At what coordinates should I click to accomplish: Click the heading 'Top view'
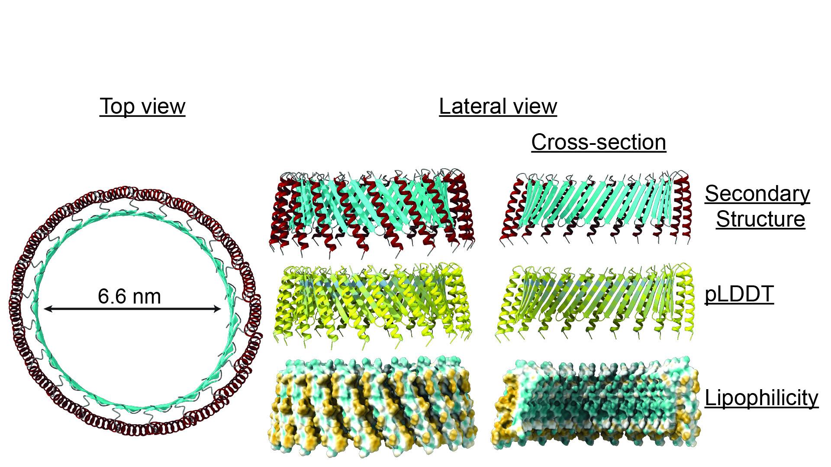click(x=142, y=106)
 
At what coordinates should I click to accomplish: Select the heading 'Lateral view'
click(x=498, y=106)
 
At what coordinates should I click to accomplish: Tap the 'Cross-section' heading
click(x=599, y=142)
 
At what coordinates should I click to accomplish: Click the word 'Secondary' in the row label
click(x=757, y=194)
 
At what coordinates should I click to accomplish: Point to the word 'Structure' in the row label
click(x=760, y=219)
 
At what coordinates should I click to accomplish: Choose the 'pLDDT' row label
click(x=739, y=294)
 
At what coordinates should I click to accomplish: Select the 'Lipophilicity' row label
click(x=761, y=398)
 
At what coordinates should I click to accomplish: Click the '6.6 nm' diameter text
click(x=129, y=297)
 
